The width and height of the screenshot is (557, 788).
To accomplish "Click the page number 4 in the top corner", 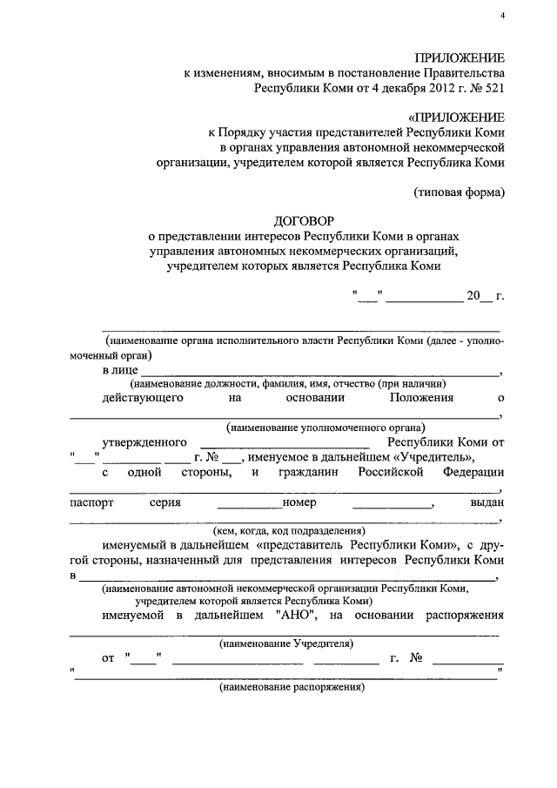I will tap(502, 17).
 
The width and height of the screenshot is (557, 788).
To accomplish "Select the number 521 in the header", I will tap(491, 88).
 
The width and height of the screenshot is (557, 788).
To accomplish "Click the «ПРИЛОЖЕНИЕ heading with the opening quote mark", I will tap(456, 117).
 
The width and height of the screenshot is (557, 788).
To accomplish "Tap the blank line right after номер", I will tap(392, 504).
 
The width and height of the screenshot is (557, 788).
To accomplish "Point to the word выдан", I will tap(487, 503).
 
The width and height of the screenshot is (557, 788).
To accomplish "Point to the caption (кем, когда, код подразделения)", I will tap(289, 531).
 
